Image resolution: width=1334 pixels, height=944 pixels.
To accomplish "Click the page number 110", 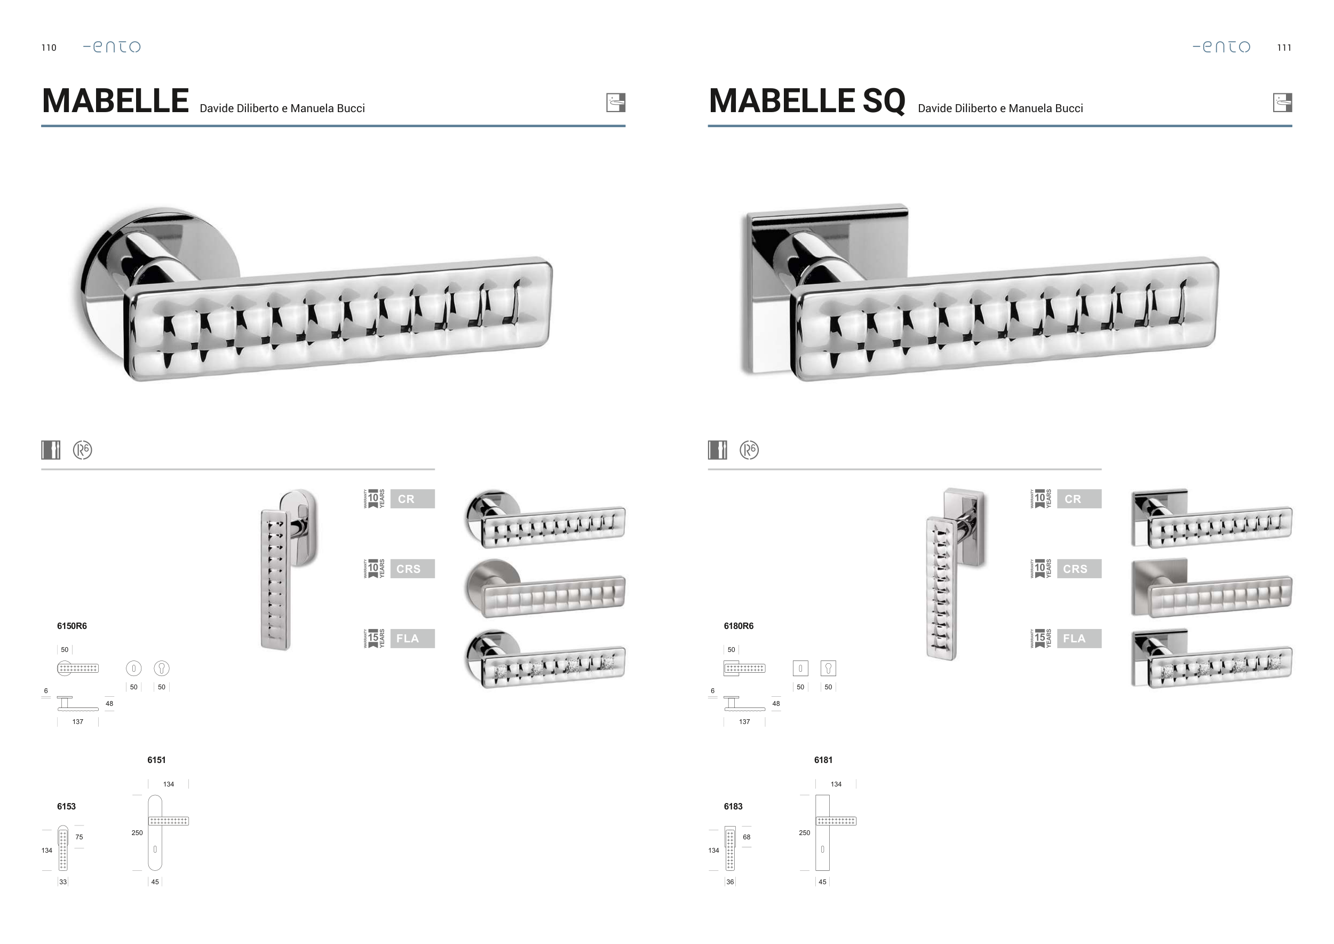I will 49,48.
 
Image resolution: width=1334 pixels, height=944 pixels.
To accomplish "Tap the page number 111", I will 1284,48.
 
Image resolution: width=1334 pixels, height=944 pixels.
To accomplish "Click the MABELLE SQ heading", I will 806,101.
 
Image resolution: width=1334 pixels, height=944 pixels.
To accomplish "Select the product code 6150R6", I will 72,626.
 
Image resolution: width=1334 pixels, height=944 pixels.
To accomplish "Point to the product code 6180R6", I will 739,626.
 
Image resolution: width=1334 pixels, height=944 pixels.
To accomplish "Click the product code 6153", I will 66,806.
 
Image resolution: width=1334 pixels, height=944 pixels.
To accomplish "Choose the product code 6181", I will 823,760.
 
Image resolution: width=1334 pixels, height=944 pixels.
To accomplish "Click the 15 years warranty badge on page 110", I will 374,639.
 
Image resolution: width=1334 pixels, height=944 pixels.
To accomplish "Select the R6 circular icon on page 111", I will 749,450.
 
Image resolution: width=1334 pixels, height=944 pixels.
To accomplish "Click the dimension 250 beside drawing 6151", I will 137,833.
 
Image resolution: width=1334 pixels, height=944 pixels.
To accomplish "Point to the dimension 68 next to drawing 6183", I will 747,837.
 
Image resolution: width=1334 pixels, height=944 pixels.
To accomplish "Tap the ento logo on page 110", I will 112,46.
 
